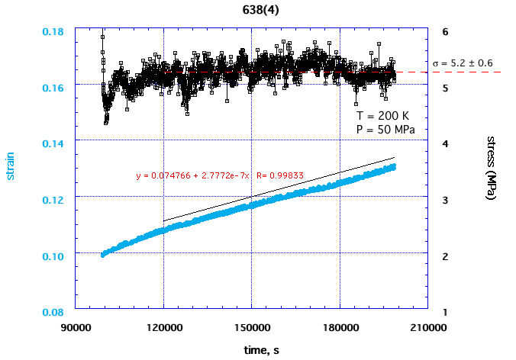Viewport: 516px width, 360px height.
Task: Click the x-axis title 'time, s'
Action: point(252,349)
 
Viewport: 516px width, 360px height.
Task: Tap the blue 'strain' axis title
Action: point(11,169)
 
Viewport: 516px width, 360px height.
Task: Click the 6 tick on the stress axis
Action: point(445,31)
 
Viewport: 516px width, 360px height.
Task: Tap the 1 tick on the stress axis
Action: point(445,312)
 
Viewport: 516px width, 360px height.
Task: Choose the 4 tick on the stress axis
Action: point(445,143)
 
